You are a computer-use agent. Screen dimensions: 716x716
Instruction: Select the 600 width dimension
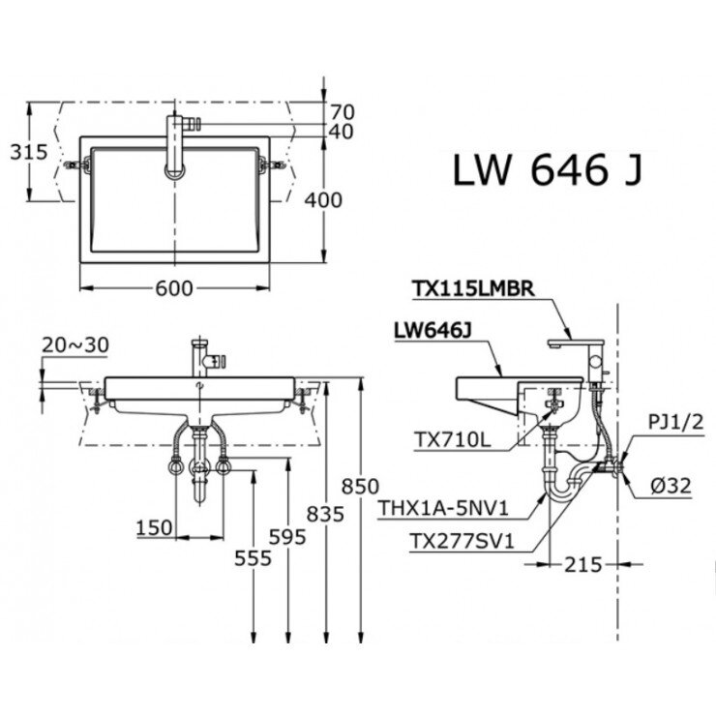click(x=174, y=287)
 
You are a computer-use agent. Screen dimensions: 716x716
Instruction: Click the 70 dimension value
click(x=341, y=111)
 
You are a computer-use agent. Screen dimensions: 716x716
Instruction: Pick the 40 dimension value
click(x=341, y=132)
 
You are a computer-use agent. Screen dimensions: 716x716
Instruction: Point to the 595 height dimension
click(x=287, y=536)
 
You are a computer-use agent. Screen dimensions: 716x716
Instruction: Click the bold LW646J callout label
click(x=433, y=331)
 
